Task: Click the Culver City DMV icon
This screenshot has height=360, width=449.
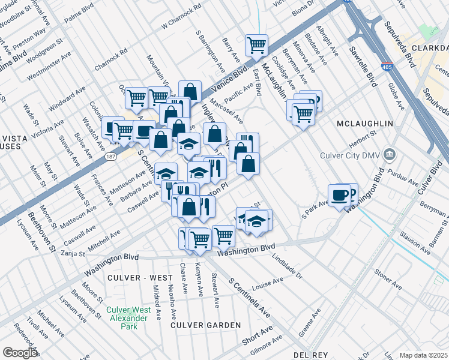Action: click(390, 156)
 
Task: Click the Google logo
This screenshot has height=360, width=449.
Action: click(20, 353)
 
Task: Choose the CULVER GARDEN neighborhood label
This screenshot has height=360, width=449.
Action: click(206, 325)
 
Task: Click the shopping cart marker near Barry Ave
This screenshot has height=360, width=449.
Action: click(256, 44)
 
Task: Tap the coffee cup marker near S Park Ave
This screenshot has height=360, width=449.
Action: click(339, 195)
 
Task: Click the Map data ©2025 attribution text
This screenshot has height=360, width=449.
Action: click(423, 355)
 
